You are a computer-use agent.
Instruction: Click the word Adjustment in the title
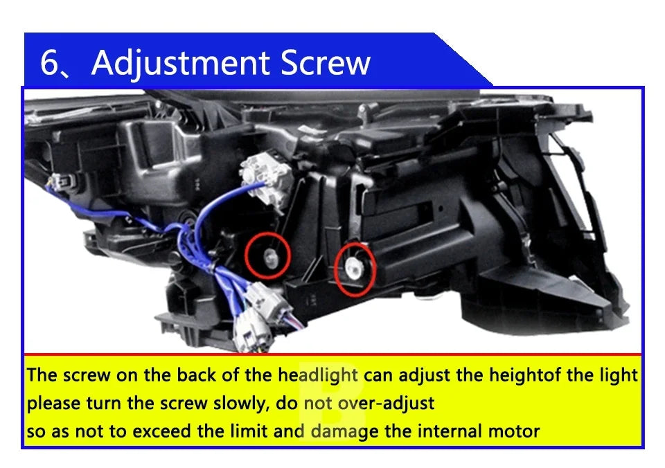click(x=181, y=63)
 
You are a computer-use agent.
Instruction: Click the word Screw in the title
click(x=326, y=63)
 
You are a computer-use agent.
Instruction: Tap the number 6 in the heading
click(x=50, y=63)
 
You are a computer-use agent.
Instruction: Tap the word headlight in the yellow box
click(x=318, y=375)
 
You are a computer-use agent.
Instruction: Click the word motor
click(x=516, y=431)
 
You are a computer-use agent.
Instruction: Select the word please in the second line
click(x=53, y=403)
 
